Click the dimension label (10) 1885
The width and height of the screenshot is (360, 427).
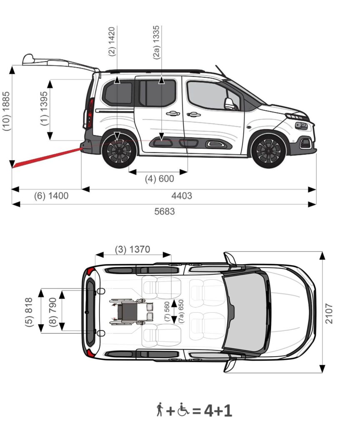pyautogui.click(x=6, y=111)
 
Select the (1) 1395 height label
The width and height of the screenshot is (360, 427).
pyautogui.click(x=44, y=108)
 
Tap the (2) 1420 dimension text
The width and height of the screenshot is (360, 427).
pyautogui.click(x=112, y=41)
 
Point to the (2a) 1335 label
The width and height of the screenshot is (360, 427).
pyautogui.click(x=156, y=42)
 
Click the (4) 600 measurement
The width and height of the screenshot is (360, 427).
pyautogui.click(x=160, y=179)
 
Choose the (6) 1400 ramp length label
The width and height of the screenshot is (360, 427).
pyautogui.click(x=51, y=196)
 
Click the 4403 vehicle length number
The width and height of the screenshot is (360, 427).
pyautogui.click(x=182, y=196)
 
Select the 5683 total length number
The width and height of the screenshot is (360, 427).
pyautogui.click(x=164, y=211)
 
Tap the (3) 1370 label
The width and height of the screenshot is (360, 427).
pyautogui.click(x=132, y=249)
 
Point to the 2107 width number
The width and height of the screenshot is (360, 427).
pyautogui.click(x=329, y=314)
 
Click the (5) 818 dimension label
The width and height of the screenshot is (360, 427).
pyautogui.click(x=29, y=312)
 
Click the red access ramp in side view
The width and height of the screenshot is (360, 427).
pyautogui.click(x=47, y=158)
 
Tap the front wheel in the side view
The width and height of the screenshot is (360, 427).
pyautogui.click(x=268, y=151)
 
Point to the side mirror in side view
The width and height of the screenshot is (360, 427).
pyautogui.click(x=229, y=103)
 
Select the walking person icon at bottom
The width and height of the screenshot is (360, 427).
pyautogui.click(x=160, y=409)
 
